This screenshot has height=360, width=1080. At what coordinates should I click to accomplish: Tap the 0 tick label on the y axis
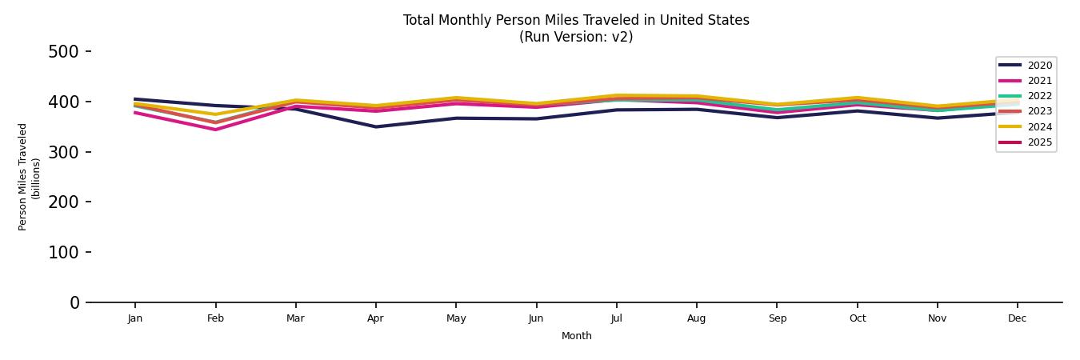[x=74, y=302]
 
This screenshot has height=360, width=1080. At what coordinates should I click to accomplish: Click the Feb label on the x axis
[x=215, y=318]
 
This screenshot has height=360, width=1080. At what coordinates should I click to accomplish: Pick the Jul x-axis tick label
[x=616, y=318]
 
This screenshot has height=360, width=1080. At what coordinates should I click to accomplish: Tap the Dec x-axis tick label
[x=1017, y=318]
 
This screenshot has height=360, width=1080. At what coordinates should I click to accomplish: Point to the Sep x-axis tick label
[x=777, y=318]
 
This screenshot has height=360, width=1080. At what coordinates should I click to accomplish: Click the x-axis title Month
[x=576, y=336]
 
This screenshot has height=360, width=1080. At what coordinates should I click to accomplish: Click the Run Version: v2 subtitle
[x=576, y=37]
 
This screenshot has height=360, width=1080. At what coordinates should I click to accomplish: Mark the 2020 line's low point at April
[x=375, y=126]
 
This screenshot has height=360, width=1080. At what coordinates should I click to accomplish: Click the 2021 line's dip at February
[x=215, y=130]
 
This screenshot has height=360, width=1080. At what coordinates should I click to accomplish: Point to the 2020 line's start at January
[x=135, y=99]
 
